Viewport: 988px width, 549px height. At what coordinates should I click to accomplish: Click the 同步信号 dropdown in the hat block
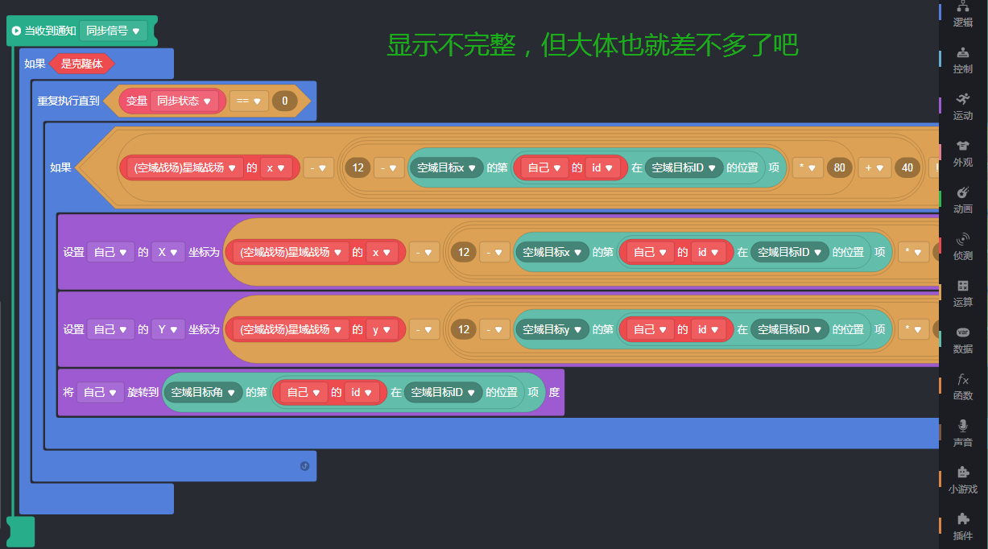[x=113, y=31]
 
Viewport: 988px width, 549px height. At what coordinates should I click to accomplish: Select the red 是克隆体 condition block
[x=81, y=64]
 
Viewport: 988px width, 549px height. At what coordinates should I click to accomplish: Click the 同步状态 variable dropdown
[x=184, y=101]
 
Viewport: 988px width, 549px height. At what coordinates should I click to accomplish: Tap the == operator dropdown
[x=249, y=101]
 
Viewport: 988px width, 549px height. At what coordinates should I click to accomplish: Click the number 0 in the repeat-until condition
[x=284, y=101]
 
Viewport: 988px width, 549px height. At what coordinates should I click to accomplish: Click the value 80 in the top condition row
[x=840, y=168]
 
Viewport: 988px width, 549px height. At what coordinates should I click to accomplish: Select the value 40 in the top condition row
[x=907, y=168]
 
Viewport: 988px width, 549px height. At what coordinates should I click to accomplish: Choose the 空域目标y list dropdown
[x=551, y=329]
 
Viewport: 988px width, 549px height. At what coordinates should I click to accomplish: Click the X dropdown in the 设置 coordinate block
[x=167, y=252]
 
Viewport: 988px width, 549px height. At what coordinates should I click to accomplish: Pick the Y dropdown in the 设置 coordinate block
[x=167, y=329]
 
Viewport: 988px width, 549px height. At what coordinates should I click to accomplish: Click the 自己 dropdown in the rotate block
[x=101, y=393]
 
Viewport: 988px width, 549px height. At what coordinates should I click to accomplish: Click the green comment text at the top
[x=592, y=45]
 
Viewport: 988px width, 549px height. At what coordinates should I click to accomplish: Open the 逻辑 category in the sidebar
[x=963, y=14]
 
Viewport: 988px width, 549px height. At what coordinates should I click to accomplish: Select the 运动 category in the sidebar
[x=963, y=106]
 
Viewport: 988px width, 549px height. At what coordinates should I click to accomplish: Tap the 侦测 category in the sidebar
[x=963, y=246]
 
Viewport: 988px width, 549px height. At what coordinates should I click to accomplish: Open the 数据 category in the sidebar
[x=963, y=340]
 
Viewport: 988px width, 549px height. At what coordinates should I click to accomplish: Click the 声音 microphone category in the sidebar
[x=963, y=433]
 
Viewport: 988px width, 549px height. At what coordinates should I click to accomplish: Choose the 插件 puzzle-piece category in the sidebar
[x=963, y=526]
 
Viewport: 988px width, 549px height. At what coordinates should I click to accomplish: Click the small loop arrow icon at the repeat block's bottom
[x=304, y=465]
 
